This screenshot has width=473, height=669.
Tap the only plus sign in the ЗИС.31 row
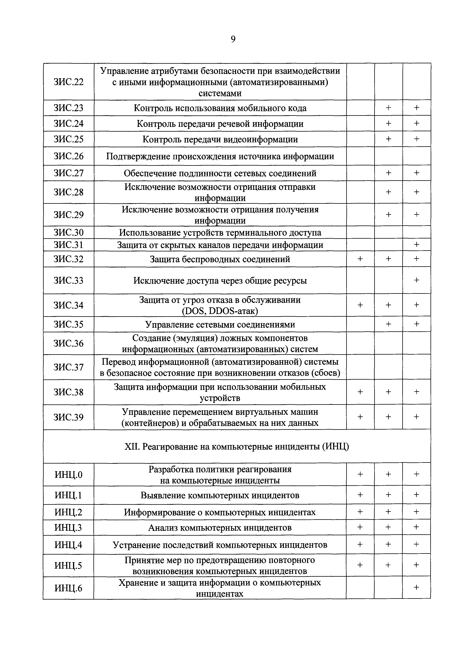417,245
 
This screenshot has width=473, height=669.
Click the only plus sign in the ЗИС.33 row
417,280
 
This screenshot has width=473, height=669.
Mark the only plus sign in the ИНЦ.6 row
417,587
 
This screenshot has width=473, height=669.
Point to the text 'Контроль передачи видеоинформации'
220,139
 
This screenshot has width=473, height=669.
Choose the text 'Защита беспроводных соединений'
220,259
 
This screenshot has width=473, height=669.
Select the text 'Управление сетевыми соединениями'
220,324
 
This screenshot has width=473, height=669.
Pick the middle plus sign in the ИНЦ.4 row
388,544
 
